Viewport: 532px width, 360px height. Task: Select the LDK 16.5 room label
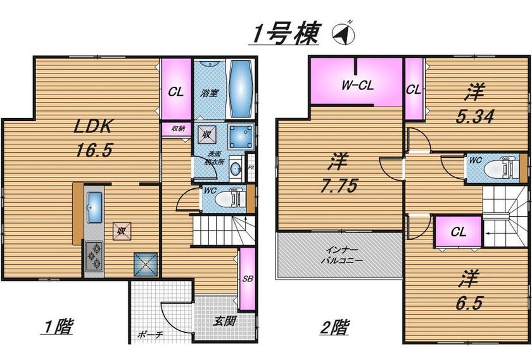click(93, 138)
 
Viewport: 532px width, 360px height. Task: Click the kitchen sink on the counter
click(94, 207)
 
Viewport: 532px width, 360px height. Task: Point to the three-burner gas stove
click(94, 255)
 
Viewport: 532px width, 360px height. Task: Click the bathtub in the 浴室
click(241, 89)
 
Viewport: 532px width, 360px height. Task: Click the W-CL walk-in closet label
click(358, 84)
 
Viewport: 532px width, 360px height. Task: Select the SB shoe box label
click(248, 279)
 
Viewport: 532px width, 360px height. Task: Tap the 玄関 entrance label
click(224, 321)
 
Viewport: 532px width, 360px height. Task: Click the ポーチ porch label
click(150, 335)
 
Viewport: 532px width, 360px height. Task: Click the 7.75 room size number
click(339, 186)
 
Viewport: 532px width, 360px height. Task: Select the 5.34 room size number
click(475, 117)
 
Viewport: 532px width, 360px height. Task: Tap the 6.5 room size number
click(469, 303)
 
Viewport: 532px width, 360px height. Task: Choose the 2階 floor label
click(334, 328)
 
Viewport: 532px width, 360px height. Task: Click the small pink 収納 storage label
click(178, 129)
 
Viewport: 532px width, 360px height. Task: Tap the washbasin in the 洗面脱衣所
click(236, 168)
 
